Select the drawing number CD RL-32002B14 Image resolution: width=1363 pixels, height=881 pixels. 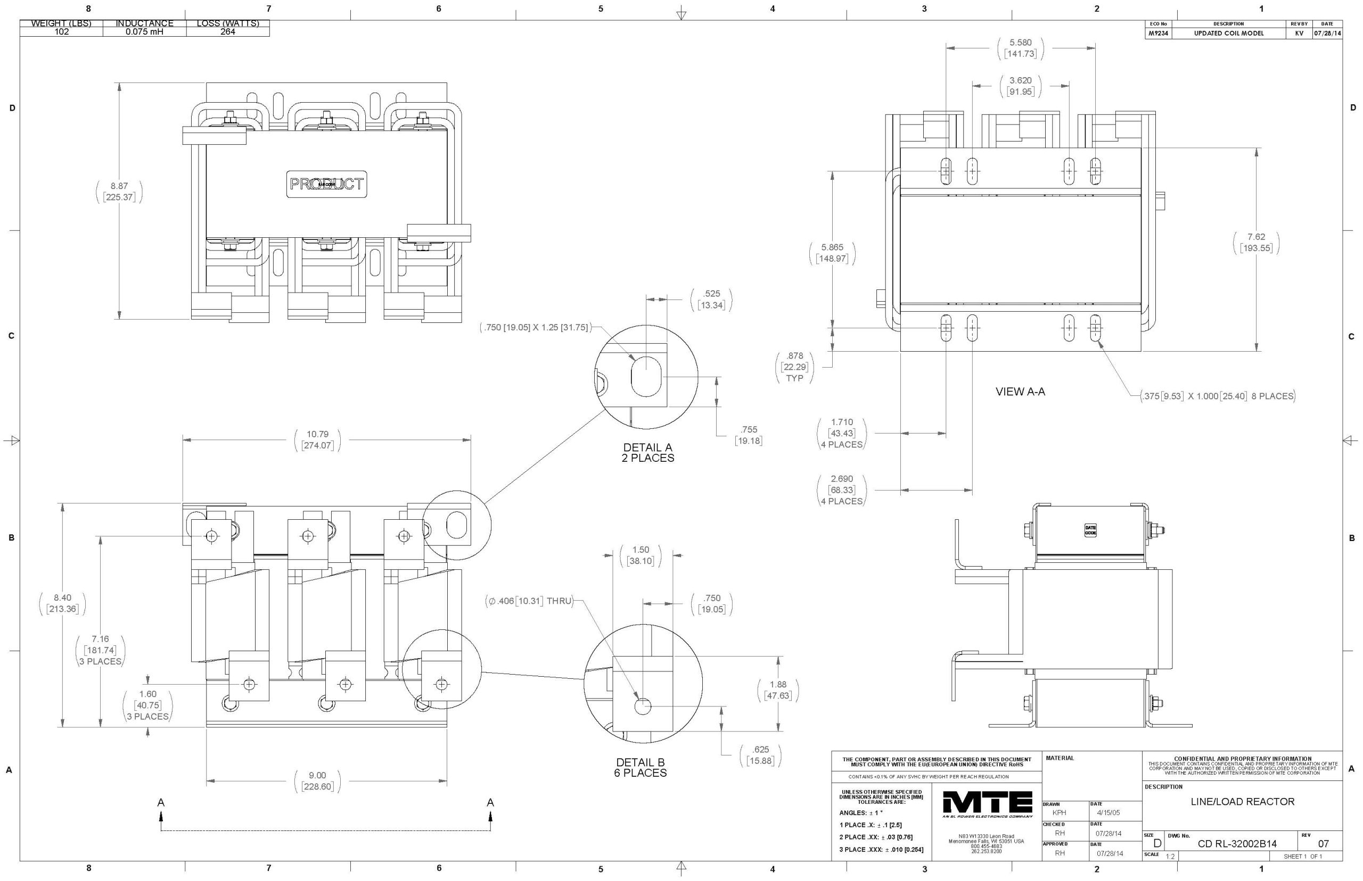(1236, 844)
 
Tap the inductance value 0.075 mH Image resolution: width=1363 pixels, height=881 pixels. (144, 32)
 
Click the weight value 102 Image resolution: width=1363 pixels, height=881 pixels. (61, 32)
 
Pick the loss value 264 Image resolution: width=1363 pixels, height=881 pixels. (228, 32)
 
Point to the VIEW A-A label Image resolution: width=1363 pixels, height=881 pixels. (1020, 392)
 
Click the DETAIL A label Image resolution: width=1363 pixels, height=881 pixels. (647, 447)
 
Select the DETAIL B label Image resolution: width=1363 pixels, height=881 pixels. (640, 762)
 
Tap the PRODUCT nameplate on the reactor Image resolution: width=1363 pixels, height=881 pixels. (326, 184)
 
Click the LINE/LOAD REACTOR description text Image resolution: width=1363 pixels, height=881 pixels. (1242, 802)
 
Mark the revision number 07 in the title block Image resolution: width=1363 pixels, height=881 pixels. (1323, 844)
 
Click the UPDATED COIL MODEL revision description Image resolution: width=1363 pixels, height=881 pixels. (1228, 33)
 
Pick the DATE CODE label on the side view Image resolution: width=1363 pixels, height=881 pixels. (1090, 530)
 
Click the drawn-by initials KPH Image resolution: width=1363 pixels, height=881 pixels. (1059, 812)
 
